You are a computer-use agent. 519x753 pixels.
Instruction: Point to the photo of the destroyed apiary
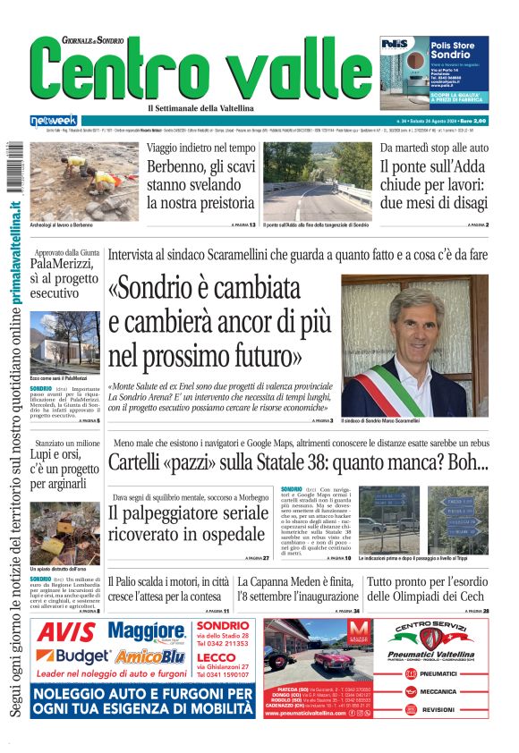pos(64,533)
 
